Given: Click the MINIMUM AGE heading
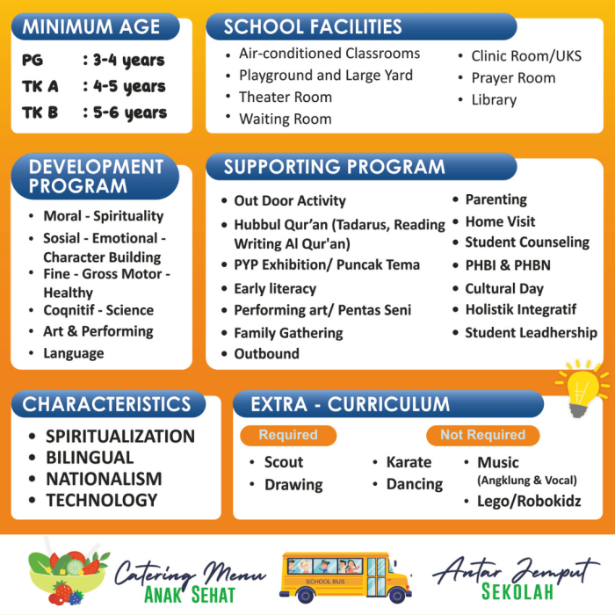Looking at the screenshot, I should point(91,26).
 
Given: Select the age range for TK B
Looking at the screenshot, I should point(124,112).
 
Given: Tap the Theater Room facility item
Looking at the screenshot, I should point(285,98).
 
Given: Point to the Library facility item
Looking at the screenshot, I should point(493,100).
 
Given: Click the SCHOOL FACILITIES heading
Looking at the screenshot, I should point(313,26).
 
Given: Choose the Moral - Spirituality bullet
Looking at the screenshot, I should point(103,216).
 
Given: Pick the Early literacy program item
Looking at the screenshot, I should point(274,288).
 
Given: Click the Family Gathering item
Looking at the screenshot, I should point(287,333).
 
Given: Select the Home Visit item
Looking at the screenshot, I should point(499,221).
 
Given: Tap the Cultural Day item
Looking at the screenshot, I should point(503,288).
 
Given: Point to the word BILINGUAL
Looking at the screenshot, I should point(90,458).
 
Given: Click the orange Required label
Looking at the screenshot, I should point(288,435).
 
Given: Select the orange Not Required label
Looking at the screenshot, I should point(482,435).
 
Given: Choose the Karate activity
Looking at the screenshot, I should point(409,462).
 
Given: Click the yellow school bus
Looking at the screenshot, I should point(346,576).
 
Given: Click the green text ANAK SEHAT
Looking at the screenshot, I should point(190,594).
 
